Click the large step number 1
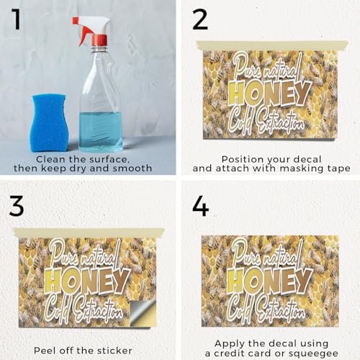[17, 19]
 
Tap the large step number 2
[199, 19]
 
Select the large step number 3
[17, 205]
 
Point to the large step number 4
[201, 206]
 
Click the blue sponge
[49, 122]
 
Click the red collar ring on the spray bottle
[99, 40]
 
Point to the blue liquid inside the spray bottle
[101, 131]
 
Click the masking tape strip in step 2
[272, 45]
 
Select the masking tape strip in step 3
[89, 233]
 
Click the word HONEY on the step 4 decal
[270, 281]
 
